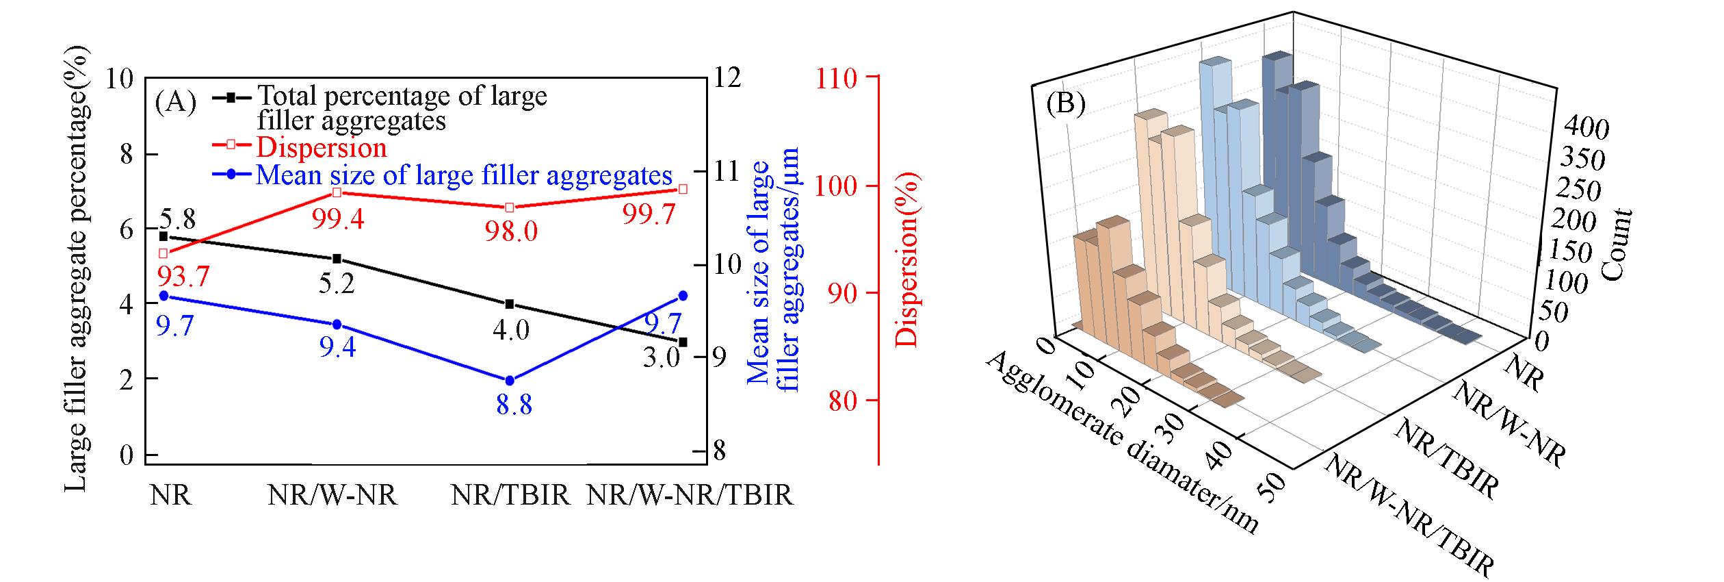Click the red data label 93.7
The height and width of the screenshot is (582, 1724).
183,277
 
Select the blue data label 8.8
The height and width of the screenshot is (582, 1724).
514,405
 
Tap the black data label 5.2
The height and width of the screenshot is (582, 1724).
337,282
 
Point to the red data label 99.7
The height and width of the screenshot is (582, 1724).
649,216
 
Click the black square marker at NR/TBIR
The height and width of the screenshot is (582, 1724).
510,304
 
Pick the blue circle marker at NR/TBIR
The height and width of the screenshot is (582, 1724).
510,381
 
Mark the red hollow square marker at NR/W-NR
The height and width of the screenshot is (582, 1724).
337,192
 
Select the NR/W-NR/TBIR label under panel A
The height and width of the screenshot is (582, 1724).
690,494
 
